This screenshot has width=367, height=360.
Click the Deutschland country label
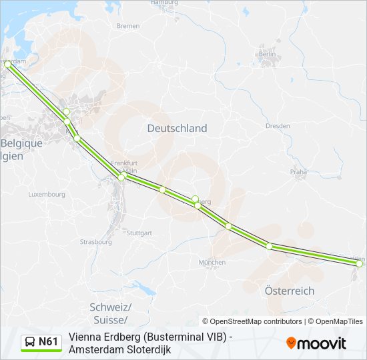pyautogui.click(x=177, y=128)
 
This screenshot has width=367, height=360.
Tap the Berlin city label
pyautogui.click(x=268, y=54)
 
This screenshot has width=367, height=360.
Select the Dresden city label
pyautogui.click(x=277, y=125)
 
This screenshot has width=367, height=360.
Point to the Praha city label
pyautogui.click(x=298, y=171)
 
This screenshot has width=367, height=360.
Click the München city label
pyautogui.click(x=212, y=263)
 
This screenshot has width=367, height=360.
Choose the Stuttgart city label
pyautogui.click(x=139, y=233)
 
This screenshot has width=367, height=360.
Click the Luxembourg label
pyautogui.click(x=47, y=195)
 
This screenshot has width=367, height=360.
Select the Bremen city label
pyautogui.click(x=127, y=26)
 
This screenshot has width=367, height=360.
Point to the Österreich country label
pyautogui.click(x=289, y=291)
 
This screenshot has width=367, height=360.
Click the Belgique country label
pyautogui.click(x=21, y=143)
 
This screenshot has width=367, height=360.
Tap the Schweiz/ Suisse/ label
pyautogui.click(x=110, y=313)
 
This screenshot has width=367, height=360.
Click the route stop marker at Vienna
pyautogui.click(x=359, y=264)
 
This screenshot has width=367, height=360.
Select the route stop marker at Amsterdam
pyautogui.click(x=7, y=65)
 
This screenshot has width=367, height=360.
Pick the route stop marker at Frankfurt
pyautogui.click(x=121, y=177)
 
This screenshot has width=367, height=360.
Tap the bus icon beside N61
pyautogui.click(x=30, y=343)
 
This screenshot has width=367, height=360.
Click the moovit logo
pyautogui.click(x=316, y=343)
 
